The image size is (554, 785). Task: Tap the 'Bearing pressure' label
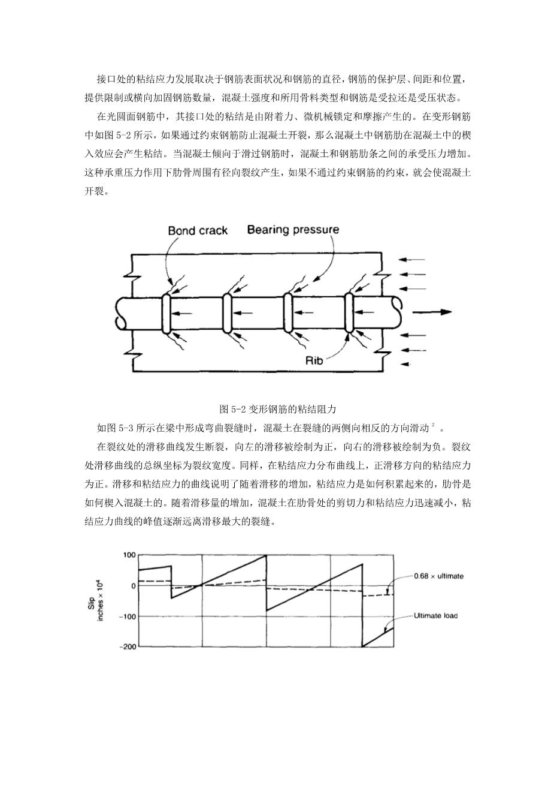click(293, 230)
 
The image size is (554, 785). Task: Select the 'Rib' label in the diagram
click(314, 360)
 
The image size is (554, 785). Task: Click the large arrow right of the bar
click(432, 312)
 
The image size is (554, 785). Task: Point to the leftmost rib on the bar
click(167, 312)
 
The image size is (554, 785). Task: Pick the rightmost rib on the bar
click(349, 312)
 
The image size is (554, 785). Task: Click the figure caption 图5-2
click(278, 410)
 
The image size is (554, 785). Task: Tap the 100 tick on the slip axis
click(129, 555)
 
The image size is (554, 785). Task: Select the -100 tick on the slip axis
click(128, 616)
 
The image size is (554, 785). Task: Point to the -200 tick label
click(128, 646)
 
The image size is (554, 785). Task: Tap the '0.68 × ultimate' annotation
click(438, 576)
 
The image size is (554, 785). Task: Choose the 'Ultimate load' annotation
click(435, 615)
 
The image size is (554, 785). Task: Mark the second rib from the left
click(227, 312)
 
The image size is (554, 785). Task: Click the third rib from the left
click(287, 312)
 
